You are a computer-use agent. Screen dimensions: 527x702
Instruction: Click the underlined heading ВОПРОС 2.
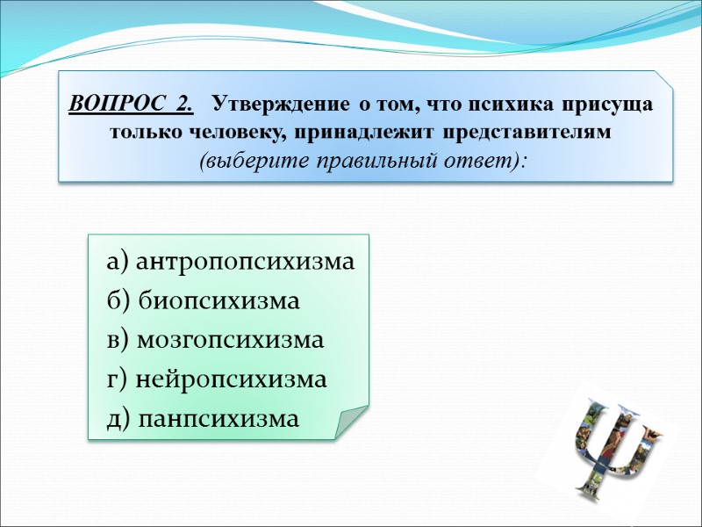click(x=131, y=105)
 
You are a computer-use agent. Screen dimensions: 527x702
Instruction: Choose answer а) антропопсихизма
click(x=231, y=263)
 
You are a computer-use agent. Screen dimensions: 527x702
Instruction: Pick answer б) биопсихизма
click(x=203, y=301)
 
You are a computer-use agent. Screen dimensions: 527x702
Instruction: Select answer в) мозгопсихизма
click(x=215, y=341)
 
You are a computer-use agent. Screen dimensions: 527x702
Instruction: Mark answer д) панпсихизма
click(x=202, y=420)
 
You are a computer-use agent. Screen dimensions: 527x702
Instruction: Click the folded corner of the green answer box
click(x=351, y=423)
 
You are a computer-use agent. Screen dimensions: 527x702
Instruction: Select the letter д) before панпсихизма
click(x=119, y=420)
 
